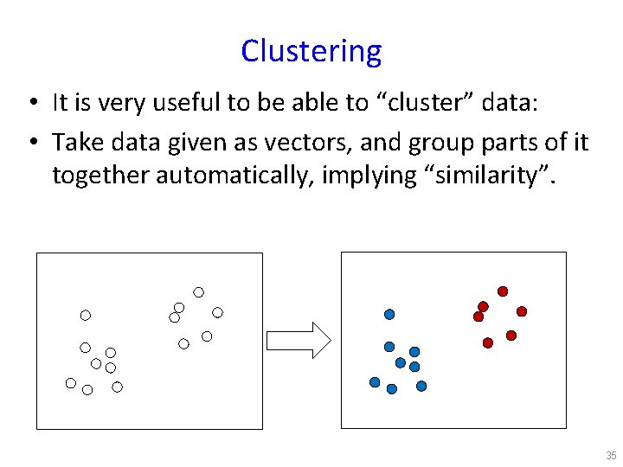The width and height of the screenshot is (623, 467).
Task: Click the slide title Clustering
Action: (311, 51)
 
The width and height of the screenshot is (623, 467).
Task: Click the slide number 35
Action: (611, 456)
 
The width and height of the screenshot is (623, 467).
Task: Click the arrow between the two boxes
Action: (298, 339)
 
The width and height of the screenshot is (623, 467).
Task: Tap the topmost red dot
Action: (502, 291)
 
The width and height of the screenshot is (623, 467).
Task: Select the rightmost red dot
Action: (522, 311)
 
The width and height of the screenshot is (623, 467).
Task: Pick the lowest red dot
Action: (488, 343)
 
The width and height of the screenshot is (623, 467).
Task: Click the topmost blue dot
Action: (389, 314)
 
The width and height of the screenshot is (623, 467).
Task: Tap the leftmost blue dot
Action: (375, 382)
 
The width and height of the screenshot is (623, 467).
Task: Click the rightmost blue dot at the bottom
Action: (421, 387)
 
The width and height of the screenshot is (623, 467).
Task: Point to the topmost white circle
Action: (198, 291)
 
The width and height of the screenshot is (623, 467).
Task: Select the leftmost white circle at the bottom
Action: (71, 382)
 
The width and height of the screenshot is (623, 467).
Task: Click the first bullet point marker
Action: (31, 104)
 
